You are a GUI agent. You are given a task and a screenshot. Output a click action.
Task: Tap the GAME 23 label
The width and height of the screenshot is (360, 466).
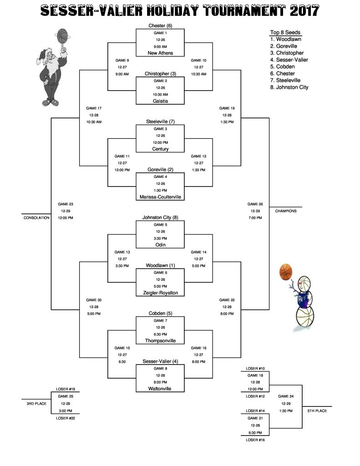(x=66, y=204)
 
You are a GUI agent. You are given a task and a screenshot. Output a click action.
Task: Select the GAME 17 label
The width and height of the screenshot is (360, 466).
(x=93, y=108)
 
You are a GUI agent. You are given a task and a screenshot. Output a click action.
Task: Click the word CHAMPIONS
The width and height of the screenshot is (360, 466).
(x=286, y=211)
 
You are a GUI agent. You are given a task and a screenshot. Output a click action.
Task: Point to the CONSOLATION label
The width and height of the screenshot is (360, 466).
(x=36, y=218)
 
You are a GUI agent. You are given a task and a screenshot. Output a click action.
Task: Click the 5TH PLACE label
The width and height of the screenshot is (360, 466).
(x=317, y=411)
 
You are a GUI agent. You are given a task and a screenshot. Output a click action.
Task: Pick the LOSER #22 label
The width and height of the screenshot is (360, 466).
(x=65, y=418)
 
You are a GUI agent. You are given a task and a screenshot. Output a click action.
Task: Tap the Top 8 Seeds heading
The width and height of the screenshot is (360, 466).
(x=285, y=32)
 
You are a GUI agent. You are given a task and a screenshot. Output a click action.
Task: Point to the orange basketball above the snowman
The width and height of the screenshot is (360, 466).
(x=285, y=272)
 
